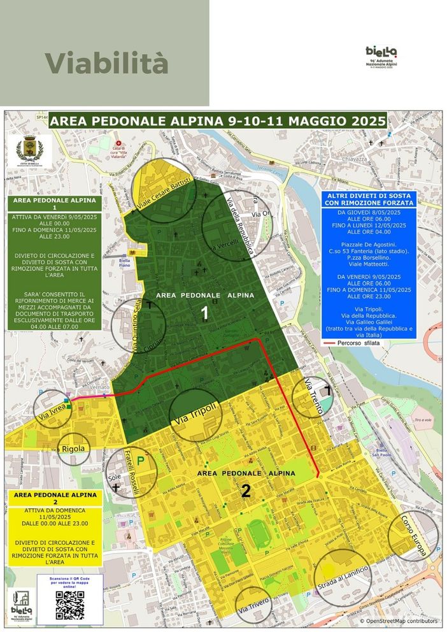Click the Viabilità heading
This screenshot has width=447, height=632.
pos(106,63)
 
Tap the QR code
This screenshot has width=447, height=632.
pos(70,605)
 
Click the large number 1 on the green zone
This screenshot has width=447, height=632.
pos(204,312)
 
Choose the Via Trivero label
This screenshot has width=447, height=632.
pos(255,607)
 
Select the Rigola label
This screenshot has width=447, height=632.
pos(74,449)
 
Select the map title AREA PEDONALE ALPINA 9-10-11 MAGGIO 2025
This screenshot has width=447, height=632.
pos(218,120)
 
